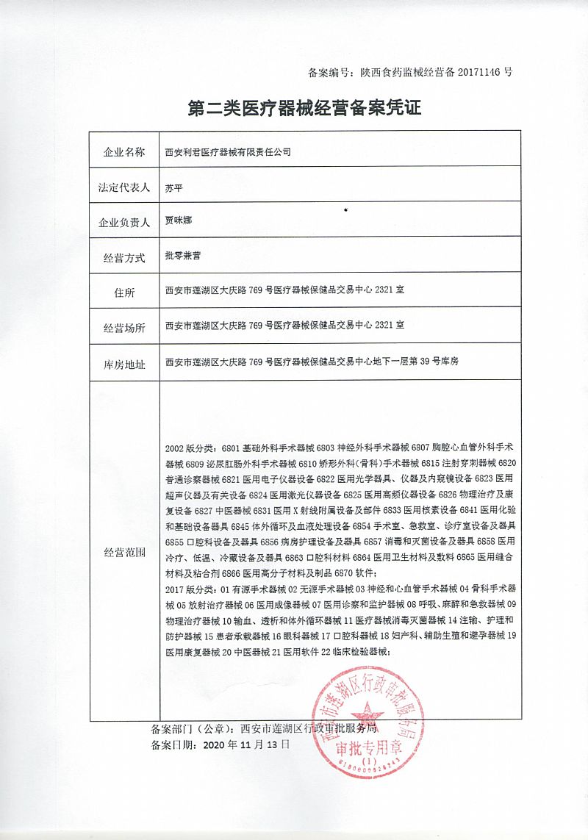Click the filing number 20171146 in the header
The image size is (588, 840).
point(480,72)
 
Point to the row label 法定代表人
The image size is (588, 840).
point(124,187)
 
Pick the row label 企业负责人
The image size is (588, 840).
point(124,222)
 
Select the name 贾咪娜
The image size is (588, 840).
point(178,220)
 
